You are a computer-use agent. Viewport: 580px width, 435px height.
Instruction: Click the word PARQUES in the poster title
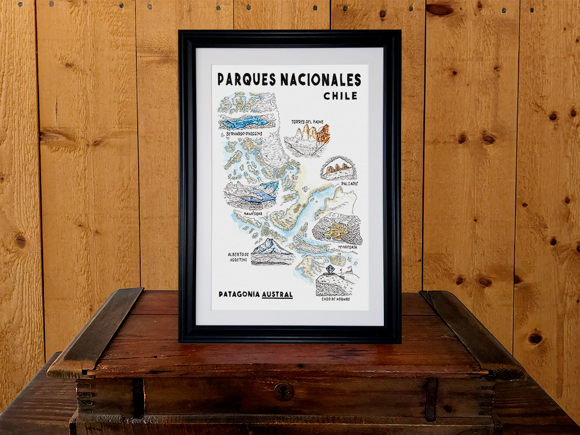(246, 79)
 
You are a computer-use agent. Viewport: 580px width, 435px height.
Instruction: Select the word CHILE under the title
(341, 96)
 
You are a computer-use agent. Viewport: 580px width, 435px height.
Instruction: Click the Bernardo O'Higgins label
(246, 133)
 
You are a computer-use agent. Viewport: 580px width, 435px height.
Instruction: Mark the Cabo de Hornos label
(336, 299)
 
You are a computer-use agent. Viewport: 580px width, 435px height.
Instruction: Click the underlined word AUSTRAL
(277, 294)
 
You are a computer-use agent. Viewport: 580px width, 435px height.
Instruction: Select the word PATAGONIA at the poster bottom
(239, 294)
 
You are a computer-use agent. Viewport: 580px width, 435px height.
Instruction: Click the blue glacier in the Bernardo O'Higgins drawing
(246, 121)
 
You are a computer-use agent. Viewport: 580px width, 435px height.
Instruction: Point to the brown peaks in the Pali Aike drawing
(338, 169)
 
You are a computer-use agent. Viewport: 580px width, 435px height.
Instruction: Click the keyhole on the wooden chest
(284, 391)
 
